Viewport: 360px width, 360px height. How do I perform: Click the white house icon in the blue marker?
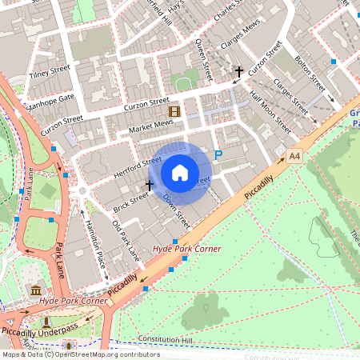tap(180, 172)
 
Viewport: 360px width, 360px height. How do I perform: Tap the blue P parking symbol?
tap(218, 154)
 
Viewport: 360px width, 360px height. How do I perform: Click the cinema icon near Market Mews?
tap(174, 112)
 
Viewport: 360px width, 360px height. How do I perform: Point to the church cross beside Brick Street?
tap(149, 185)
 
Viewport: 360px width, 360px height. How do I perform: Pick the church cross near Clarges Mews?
tap(238, 73)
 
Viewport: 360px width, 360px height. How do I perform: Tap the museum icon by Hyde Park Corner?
tap(35, 289)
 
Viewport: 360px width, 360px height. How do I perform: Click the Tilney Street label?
tap(50, 72)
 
